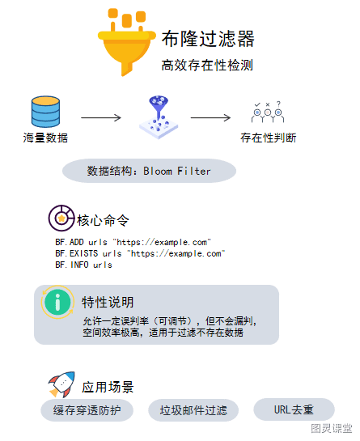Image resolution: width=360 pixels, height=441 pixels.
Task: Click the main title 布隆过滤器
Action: pyautogui.click(x=208, y=39)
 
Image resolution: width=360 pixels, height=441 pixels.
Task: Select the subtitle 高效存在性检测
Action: pyautogui.click(x=207, y=66)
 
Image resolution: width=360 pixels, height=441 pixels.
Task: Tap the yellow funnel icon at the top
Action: pyautogui.click(x=126, y=42)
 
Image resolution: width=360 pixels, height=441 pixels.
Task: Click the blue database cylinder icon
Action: pyautogui.click(x=45, y=112)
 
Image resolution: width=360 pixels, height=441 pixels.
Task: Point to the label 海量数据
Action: pyautogui.click(x=45, y=138)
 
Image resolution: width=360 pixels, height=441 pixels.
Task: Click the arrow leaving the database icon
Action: pyautogui.click(x=101, y=117)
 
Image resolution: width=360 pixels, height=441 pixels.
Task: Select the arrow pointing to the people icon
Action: pyautogui.click(x=210, y=117)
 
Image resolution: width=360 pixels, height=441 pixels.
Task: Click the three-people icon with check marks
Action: pyautogui.click(x=268, y=112)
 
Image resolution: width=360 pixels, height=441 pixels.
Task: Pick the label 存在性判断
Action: pyautogui.click(x=268, y=138)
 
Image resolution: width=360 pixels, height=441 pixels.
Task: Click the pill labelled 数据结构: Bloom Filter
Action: pyautogui.click(x=149, y=171)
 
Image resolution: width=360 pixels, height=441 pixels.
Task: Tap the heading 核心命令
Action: pyautogui.click(x=103, y=220)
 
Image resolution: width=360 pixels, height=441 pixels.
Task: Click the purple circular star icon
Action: pyautogui.click(x=61, y=218)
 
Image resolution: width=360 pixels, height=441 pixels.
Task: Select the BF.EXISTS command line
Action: pyautogui.click(x=140, y=253)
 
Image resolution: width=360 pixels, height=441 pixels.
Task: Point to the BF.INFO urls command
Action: pyautogui.click(x=83, y=265)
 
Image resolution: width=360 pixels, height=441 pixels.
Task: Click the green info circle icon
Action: pyautogui.click(x=57, y=302)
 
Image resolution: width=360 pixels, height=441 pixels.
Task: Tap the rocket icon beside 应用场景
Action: pyautogui.click(x=61, y=384)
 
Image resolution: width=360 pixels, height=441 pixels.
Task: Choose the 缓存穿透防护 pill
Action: pyautogui.click(x=87, y=410)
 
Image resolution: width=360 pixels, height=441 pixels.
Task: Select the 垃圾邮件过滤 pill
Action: pyautogui.click(x=193, y=410)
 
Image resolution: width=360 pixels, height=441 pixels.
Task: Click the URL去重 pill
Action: pyautogui.click(x=294, y=409)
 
